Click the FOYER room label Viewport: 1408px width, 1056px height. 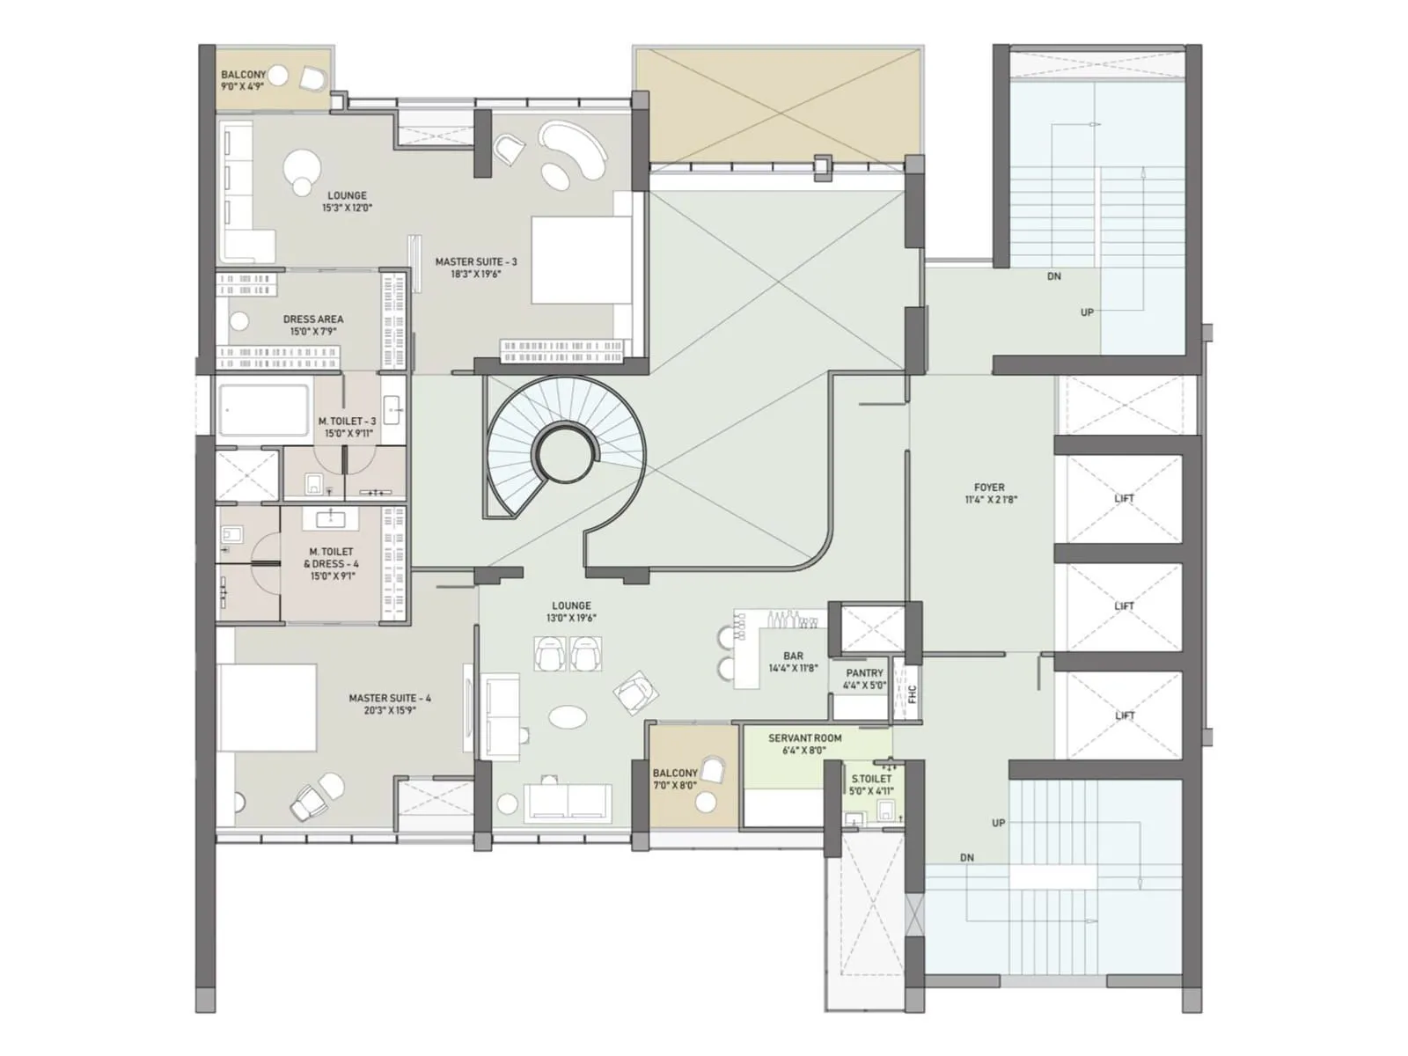click(x=989, y=493)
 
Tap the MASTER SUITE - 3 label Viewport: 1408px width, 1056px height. click(x=476, y=268)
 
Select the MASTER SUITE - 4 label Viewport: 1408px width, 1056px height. click(x=390, y=704)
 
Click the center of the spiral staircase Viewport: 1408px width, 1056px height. click(x=563, y=454)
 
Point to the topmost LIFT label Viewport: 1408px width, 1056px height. click(x=1124, y=498)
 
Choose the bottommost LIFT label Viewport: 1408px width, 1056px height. click(x=1124, y=715)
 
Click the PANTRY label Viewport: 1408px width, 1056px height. click(x=864, y=678)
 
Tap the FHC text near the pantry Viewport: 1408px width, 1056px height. click(x=912, y=693)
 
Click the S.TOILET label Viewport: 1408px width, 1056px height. click(x=871, y=785)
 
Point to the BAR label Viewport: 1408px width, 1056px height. click(x=793, y=662)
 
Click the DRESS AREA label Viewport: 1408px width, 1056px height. click(x=313, y=325)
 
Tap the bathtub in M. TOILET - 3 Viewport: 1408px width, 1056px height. click(x=264, y=409)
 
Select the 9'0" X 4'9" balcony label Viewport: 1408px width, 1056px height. click(x=243, y=81)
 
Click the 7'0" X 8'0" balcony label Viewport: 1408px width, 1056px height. click(x=675, y=779)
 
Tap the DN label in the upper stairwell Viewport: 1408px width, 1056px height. click(x=1054, y=276)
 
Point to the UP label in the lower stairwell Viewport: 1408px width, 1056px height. click(x=998, y=823)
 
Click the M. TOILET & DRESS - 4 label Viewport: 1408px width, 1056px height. click(x=331, y=564)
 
